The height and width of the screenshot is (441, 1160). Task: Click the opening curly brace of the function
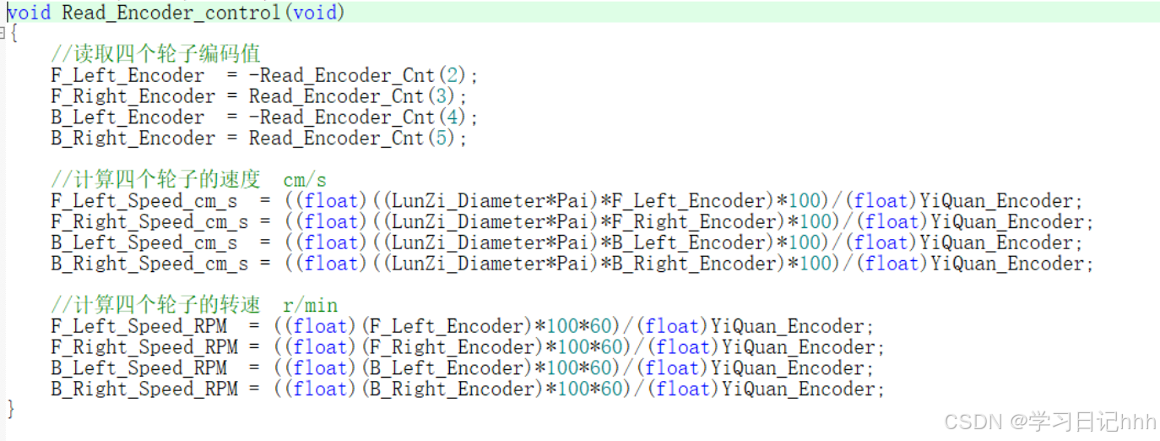tap(13, 34)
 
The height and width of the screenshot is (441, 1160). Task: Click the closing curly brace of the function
tap(11, 410)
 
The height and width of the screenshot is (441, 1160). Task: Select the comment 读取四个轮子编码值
tap(155, 55)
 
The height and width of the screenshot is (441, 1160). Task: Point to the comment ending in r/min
tap(194, 305)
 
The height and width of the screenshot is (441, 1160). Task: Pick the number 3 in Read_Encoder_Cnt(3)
tap(440, 96)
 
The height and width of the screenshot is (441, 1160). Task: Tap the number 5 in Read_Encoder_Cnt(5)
tap(440, 138)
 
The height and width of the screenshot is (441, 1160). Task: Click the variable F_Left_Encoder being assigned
tap(127, 75)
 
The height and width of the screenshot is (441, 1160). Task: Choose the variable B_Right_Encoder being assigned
tap(133, 138)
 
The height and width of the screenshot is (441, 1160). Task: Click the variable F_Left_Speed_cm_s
tap(144, 201)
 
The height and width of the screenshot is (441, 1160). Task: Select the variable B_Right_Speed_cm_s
tap(149, 264)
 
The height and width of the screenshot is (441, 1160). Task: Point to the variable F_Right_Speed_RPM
tap(144, 347)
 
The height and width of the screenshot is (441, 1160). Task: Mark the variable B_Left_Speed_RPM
tap(138, 368)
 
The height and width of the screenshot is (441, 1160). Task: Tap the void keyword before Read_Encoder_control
tap(30, 13)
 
